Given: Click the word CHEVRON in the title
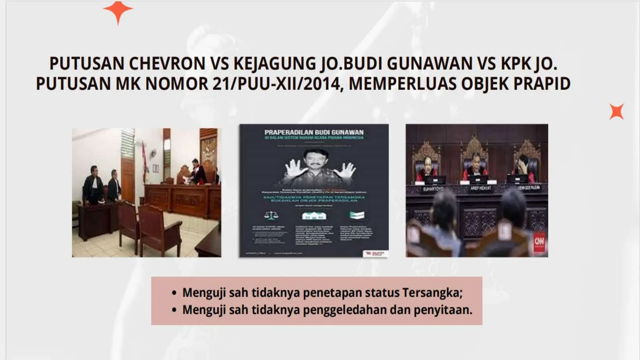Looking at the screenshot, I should (167, 63).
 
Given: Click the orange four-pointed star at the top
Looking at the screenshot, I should (118, 11).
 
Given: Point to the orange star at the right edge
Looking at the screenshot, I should (616, 112).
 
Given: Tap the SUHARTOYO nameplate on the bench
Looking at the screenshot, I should (433, 189).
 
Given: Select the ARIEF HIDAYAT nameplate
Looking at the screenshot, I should (481, 188).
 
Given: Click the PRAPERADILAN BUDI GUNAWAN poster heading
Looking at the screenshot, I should (314, 132).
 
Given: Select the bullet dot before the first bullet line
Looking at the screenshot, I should (174, 293).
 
